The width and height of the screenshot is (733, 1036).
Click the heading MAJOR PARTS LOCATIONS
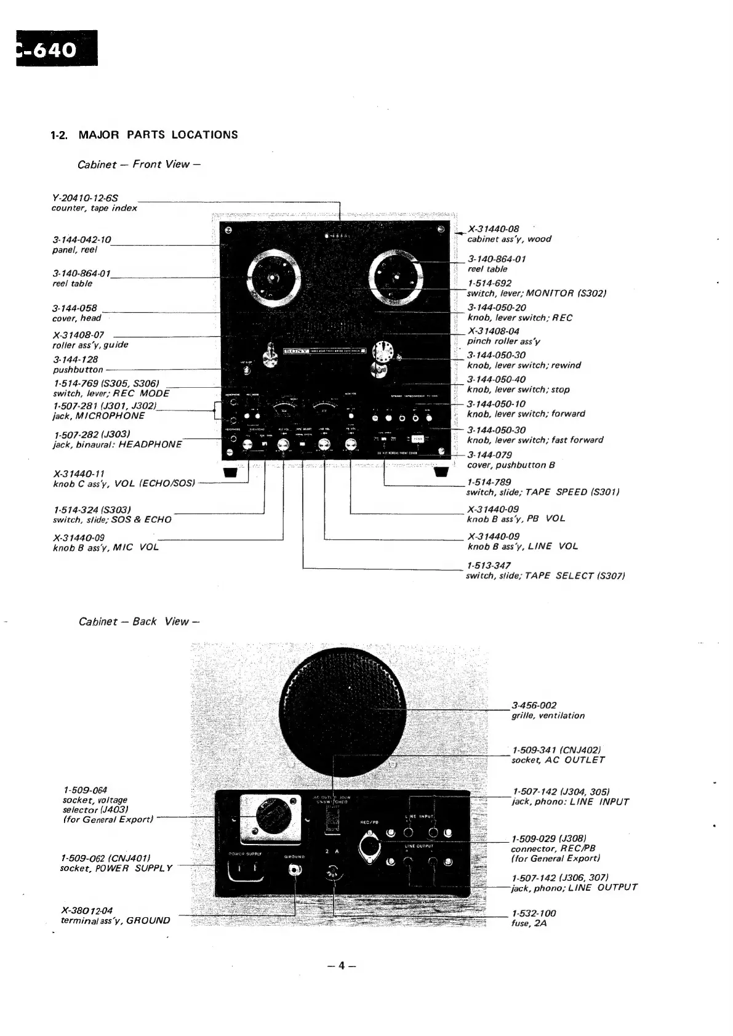pos(158,135)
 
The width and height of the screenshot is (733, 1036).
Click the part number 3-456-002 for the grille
pos(534,705)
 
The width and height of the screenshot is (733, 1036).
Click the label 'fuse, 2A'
pos(529,923)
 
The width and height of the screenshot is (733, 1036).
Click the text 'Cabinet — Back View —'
pos(140,622)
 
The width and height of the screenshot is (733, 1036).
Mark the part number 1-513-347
pos(489,565)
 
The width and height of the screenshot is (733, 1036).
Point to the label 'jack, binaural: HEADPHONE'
pos(118,444)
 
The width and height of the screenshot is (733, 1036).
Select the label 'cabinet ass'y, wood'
pos(509,239)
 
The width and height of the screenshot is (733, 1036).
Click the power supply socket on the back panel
pos(246,870)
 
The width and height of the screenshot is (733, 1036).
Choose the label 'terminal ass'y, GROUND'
pos(116,921)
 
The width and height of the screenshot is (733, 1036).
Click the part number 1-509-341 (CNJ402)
pos(556,750)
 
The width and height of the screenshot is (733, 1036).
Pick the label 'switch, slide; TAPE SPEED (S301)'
pos(542,492)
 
